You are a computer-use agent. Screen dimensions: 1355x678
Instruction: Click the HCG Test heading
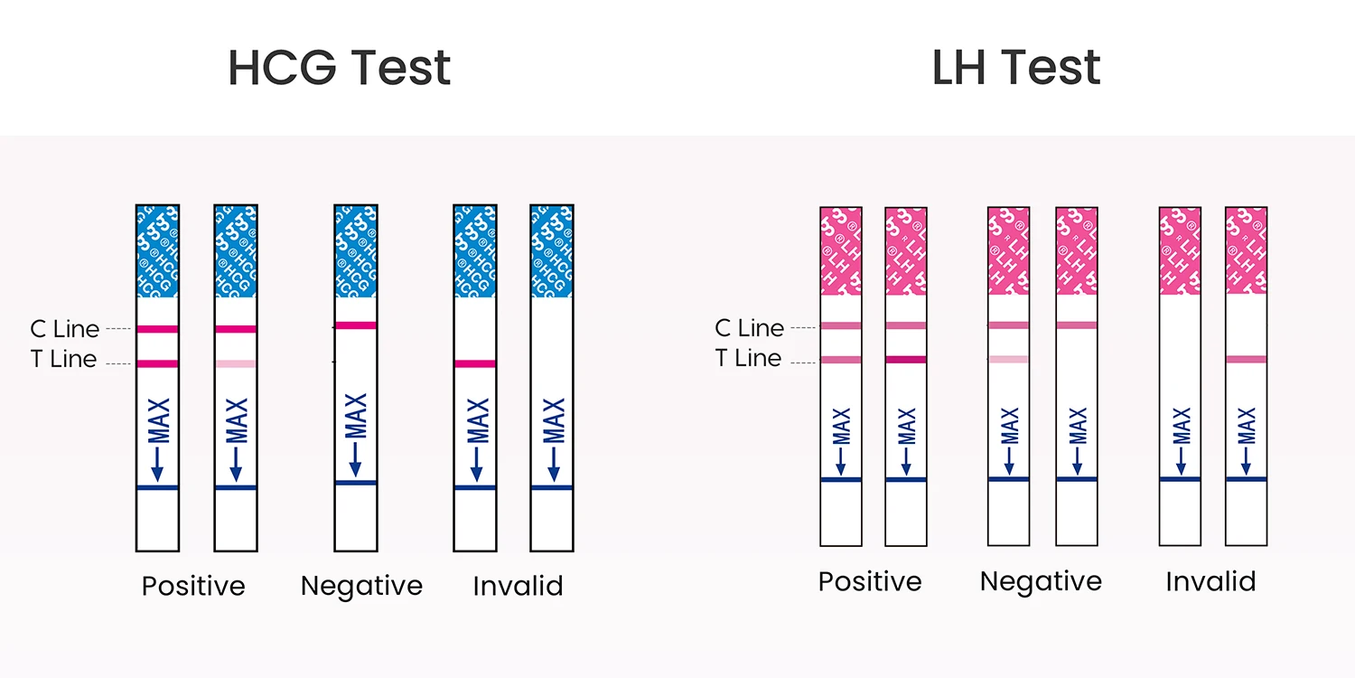(339, 67)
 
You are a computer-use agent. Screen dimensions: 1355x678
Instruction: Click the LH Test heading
(1015, 67)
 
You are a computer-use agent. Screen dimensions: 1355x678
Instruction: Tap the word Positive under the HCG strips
(193, 586)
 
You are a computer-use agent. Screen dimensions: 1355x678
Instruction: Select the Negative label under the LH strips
(1041, 581)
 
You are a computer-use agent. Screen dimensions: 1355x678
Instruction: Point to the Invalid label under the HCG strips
(518, 586)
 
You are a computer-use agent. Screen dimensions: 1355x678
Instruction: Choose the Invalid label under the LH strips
(1210, 581)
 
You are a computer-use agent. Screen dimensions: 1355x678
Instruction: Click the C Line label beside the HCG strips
(64, 328)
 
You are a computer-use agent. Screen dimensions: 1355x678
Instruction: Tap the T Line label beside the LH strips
(748, 359)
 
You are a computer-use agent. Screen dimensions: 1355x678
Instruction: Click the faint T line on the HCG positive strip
(236, 363)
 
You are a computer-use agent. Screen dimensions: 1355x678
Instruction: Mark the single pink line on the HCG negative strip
(356, 325)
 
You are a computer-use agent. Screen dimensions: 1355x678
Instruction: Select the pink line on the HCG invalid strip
(475, 363)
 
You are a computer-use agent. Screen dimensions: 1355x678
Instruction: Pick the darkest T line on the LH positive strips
(906, 360)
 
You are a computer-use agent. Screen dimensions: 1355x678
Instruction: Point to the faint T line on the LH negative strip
(1008, 359)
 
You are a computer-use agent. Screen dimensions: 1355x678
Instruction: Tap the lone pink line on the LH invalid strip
(1247, 359)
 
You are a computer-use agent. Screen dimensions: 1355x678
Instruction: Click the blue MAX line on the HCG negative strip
(356, 483)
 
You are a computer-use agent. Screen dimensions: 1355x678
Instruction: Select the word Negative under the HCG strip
(361, 586)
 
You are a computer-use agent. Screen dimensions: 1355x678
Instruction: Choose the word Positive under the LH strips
(870, 581)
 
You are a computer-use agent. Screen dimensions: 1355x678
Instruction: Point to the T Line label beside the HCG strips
(63, 359)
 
